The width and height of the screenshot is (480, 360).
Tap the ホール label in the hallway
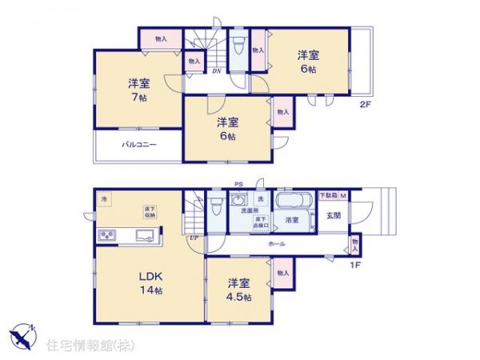pos(277,242)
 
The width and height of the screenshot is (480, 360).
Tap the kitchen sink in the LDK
pos(145,235)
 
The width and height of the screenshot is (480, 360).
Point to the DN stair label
pos(216,70)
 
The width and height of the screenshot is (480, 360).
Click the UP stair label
pos(194,238)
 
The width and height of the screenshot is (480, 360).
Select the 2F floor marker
pos(365,104)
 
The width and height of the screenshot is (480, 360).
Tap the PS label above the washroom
pos(238,184)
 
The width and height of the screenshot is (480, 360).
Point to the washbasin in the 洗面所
pos(238,201)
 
